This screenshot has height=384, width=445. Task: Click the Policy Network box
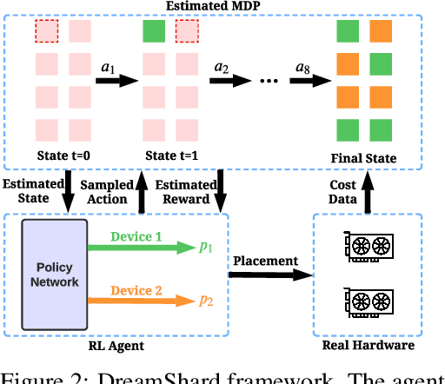(55, 275)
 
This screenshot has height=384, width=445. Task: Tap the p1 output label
(206, 248)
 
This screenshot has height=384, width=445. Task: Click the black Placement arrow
(270, 275)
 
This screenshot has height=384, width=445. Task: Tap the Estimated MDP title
(222, 7)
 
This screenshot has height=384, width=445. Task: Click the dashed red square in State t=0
(47, 33)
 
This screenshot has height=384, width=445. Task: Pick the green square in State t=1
(154, 33)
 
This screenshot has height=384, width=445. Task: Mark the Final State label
(364, 157)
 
